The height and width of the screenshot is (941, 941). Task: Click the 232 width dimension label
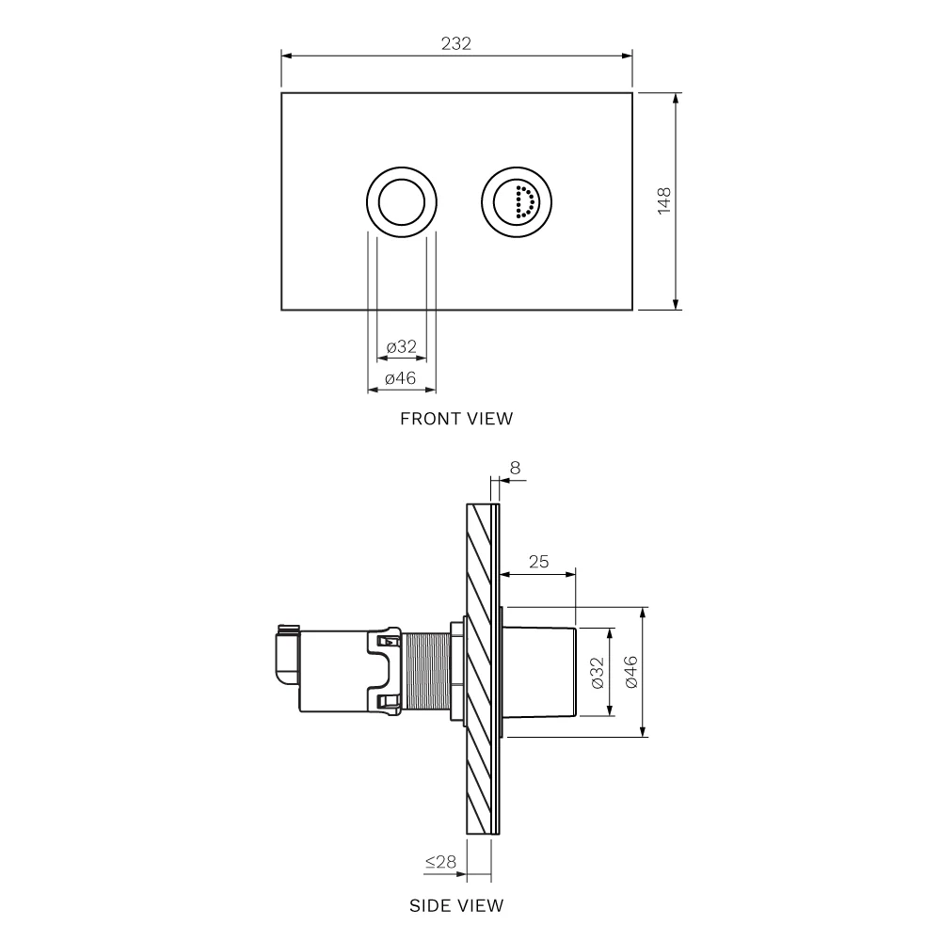pos(456,43)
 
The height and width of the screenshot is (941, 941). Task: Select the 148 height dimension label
pos(663,201)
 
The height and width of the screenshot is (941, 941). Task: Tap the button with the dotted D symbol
pos(517,201)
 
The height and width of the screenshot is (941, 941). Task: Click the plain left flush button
pos(402,201)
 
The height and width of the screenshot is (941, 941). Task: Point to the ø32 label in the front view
pos(402,346)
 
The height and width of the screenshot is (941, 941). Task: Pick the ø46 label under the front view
pos(400,378)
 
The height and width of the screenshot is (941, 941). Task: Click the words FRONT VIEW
pos(456,419)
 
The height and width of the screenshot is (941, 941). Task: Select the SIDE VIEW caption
pos(456,905)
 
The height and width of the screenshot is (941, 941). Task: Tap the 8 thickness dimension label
pos(515,468)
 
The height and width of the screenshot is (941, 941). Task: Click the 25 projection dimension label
pos(538,561)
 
